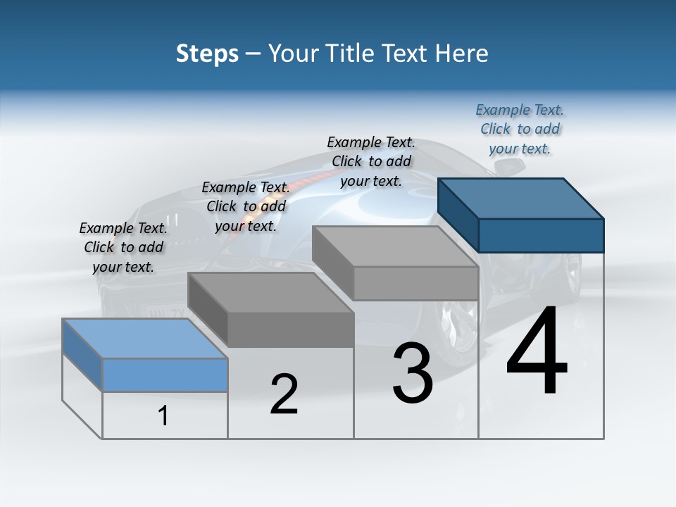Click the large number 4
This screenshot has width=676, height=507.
click(537, 351)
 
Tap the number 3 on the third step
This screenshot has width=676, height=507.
click(412, 373)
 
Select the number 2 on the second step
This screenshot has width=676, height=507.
click(284, 394)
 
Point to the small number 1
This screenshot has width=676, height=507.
click(163, 416)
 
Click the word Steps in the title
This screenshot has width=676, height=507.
click(207, 54)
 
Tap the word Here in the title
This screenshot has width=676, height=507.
click(462, 54)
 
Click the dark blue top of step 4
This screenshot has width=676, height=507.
click(521, 199)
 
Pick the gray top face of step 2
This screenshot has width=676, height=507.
click(271, 292)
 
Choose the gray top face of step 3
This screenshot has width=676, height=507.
click(396, 246)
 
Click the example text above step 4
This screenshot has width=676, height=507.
click(520, 130)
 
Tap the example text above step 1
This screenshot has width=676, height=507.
click(123, 248)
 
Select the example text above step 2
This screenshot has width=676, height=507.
click(246, 206)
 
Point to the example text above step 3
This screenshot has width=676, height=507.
click(371, 161)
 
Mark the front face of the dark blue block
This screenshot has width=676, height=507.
click(541, 235)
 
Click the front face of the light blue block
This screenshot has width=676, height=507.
click(165, 375)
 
